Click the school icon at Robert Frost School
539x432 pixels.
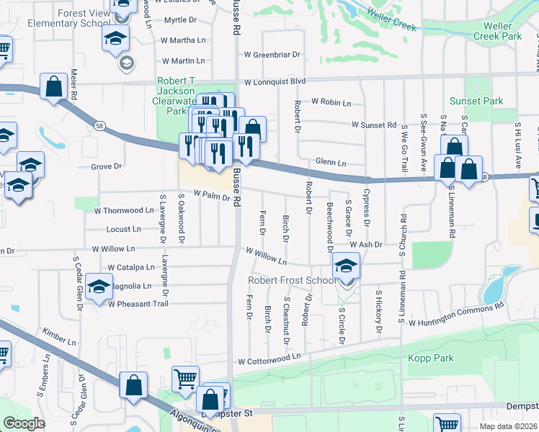click(x=347, y=269)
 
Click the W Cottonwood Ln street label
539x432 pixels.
click(x=269, y=359)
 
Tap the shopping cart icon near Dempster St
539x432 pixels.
click(x=185, y=377)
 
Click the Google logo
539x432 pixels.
click(x=24, y=423)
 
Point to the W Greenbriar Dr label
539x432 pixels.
click(x=272, y=54)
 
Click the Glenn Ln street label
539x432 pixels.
click(x=331, y=163)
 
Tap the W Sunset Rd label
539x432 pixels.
click(x=374, y=125)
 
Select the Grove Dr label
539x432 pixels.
click(x=106, y=166)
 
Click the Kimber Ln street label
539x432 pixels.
click(x=58, y=338)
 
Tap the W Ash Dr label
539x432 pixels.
click(x=366, y=244)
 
